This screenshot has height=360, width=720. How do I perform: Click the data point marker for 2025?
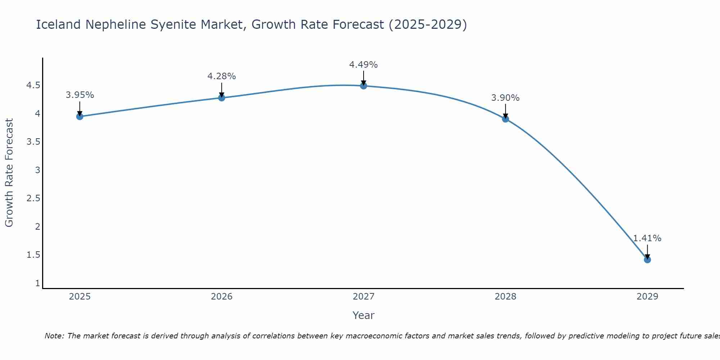(x=80, y=116)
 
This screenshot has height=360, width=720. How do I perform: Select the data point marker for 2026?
(x=222, y=98)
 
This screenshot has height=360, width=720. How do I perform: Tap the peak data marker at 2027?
(x=364, y=86)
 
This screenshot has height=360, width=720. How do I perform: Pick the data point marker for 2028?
(x=505, y=119)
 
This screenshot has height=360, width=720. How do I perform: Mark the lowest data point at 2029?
(x=647, y=260)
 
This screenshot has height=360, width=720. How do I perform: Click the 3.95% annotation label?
(x=80, y=95)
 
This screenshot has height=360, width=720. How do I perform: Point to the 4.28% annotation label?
(x=222, y=76)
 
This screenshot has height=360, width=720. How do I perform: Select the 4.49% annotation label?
(x=364, y=65)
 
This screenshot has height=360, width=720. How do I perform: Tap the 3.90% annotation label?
(x=505, y=98)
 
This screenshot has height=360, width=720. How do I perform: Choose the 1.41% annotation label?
(x=647, y=238)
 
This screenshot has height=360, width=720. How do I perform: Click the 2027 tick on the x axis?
(x=364, y=297)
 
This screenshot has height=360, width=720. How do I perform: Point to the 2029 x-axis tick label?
(x=647, y=297)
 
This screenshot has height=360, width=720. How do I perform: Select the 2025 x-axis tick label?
(x=80, y=297)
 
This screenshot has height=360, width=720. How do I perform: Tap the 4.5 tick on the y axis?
(x=33, y=85)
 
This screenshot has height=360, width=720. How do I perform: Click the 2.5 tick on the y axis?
(x=33, y=198)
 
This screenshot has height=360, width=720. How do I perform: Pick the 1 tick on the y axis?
(x=37, y=283)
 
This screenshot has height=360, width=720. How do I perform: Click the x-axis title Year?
(x=364, y=315)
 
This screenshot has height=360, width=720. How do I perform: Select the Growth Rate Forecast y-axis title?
(x=9, y=173)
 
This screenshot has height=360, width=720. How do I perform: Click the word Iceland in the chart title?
(x=58, y=24)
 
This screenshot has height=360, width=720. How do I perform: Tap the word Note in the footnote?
(x=54, y=336)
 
